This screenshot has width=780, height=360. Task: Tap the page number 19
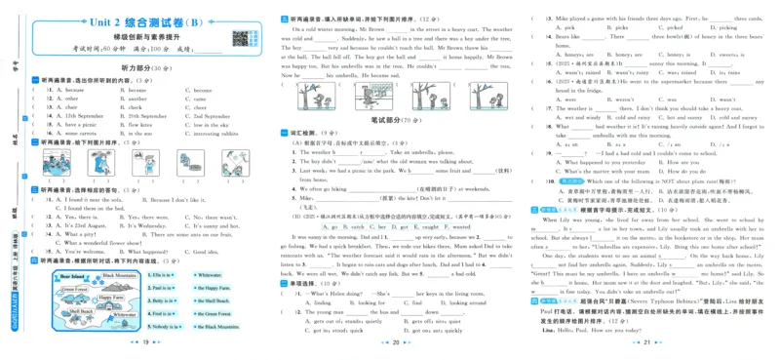click(x=143, y=344)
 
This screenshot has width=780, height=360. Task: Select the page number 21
click(x=648, y=344)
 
